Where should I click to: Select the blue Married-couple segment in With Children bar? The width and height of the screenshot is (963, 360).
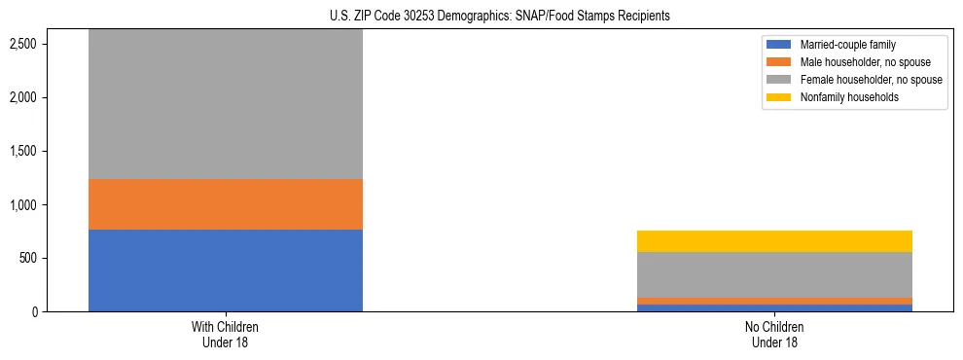pyautogui.click(x=226, y=270)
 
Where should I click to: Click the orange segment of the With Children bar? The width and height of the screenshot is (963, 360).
pyautogui.click(x=226, y=204)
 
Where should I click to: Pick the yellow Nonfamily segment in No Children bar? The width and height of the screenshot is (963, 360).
pyautogui.click(x=774, y=241)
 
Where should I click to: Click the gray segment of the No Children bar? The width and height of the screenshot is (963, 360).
pyautogui.click(x=774, y=274)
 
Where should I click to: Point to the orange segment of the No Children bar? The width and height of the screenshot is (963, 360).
pyautogui.click(x=774, y=301)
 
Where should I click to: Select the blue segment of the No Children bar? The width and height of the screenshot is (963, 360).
pyautogui.click(x=774, y=307)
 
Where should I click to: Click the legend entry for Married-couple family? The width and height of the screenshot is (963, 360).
pyautogui.click(x=847, y=45)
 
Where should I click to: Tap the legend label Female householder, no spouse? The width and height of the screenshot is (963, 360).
pyautogui.click(x=871, y=80)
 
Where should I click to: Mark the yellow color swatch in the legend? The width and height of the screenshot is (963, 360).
pyautogui.click(x=779, y=97)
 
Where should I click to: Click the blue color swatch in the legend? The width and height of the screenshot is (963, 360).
pyautogui.click(x=779, y=45)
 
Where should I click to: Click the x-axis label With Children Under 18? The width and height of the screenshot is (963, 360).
pyautogui.click(x=226, y=335)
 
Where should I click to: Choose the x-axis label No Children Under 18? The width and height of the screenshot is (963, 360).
pyautogui.click(x=774, y=335)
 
